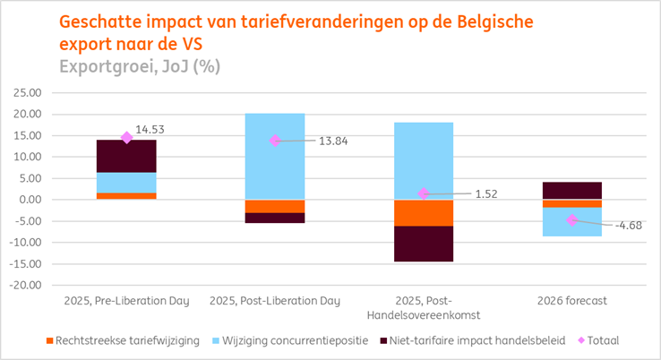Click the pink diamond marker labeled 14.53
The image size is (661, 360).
pyautogui.click(x=126, y=137)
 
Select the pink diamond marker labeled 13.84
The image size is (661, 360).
pyautogui.click(x=275, y=141)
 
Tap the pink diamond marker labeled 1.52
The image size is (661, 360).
pyautogui.click(x=424, y=193)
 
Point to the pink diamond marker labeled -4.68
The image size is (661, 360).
pyautogui.click(x=571, y=219)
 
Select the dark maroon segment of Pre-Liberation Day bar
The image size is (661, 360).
pyautogui.click(x=126, y=156)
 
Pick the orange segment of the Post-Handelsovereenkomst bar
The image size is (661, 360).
pyautogui.click(x=424, y=212)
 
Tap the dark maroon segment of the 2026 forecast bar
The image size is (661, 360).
pyautogui.click(x=571, y=190)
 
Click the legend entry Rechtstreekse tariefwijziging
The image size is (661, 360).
pyautogui.click(x=116, y=340)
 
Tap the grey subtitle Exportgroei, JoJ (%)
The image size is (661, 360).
pyautogui.click(x=140, y=65)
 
